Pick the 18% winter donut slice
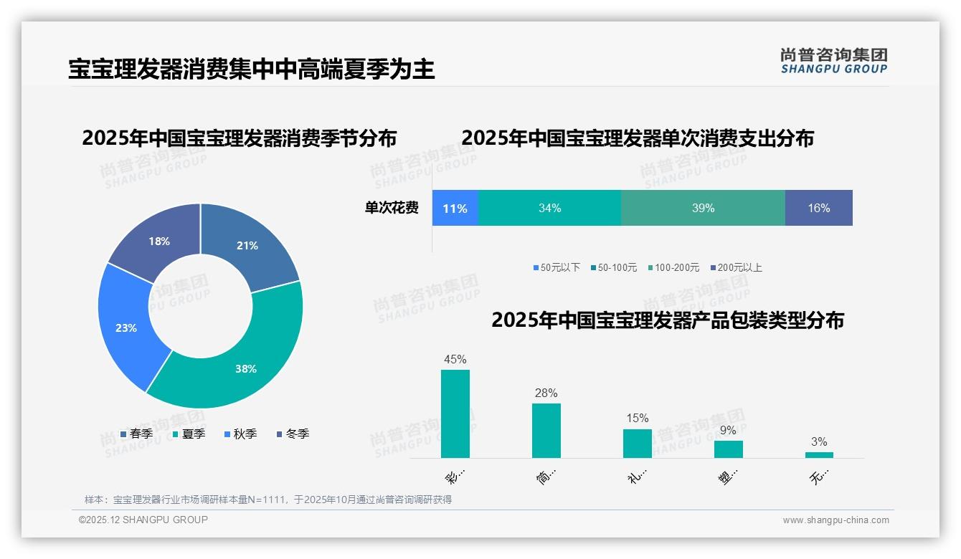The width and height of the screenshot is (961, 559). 158,240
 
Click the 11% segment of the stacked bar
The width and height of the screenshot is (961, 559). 455,208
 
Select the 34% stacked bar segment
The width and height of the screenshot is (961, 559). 549,208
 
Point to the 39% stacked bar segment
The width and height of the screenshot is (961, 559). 703,208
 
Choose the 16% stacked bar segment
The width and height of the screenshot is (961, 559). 818,208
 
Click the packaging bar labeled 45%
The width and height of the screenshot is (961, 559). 455,414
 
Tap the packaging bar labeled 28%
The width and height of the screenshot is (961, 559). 546,430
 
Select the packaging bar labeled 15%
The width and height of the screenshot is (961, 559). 637,443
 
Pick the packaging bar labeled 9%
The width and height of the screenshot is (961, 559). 728,449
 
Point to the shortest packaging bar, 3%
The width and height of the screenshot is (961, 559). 819,454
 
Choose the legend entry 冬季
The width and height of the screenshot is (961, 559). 293,434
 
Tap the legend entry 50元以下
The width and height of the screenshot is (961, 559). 557,267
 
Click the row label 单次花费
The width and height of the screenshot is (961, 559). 392,208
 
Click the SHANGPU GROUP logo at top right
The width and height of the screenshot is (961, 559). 833,60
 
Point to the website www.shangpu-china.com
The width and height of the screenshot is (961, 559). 835,520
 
